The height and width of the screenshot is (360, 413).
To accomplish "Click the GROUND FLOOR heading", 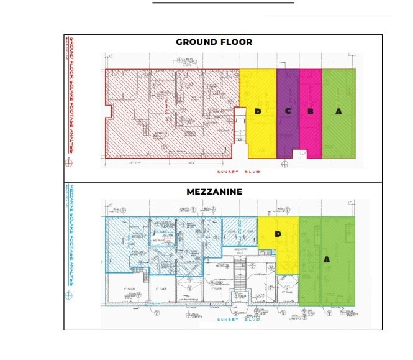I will click(x=214, y=42).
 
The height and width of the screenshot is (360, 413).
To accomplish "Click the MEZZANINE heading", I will click(x=214, y=192).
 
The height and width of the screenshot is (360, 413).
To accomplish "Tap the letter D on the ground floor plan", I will click(x=258, y=111).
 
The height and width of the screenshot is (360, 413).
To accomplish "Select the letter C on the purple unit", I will click(x=288, y=111).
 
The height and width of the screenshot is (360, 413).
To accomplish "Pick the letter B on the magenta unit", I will click(x=310, y=111).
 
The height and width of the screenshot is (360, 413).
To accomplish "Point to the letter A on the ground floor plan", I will click(x=338, y=111).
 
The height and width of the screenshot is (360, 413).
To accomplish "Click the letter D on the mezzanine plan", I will click(x=278, y=234).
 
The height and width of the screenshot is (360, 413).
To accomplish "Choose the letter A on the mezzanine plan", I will click(x=326, y=260).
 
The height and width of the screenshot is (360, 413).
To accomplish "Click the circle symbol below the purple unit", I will click(x=284, y=164).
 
